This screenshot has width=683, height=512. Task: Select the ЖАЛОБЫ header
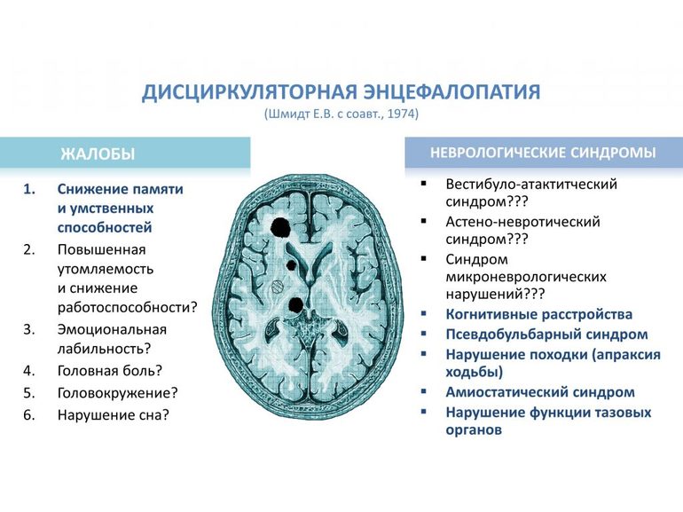pyautogui.click(x=98, y=154)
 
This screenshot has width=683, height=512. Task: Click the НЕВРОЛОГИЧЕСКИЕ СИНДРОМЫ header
pyautogui.click(x=543, y=153)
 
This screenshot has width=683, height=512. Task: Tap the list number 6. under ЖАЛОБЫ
pyautogui.click(x=28, y=414)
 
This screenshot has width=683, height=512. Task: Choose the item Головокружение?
pyautogui.click(x=118, y=392)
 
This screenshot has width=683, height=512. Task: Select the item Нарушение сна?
pyautogui.click(x=113, y=414)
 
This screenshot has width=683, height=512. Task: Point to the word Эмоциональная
pyautogui.click(x=112, y=328)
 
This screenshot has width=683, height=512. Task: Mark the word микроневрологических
pyautogui.click(x=527, y=276)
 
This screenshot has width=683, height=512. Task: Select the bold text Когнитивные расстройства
pyautogui.click(x=538, y=314)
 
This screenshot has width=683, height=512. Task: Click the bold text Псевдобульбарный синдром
pyautogui.click(x=546, y=335)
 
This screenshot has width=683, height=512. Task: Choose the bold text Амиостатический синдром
pyautogui.click(x=540, y=391)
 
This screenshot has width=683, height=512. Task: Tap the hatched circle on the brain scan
pyautogui.click(x=277, y=287)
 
